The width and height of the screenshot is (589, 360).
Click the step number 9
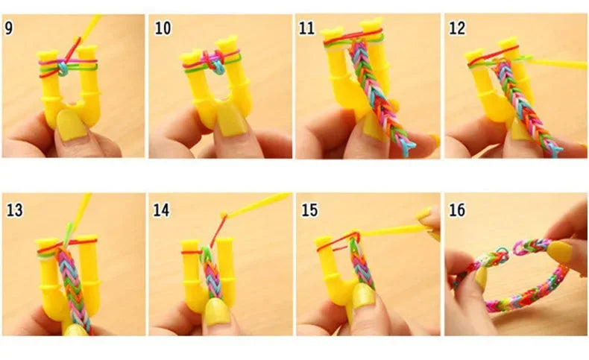[11, 29]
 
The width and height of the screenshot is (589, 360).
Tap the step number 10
[163, 29]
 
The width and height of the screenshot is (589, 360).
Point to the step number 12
[457, 29]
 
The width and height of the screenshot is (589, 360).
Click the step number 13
[15, 209]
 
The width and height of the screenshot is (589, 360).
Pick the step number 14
[163, 209]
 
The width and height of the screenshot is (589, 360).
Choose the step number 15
[309, 209]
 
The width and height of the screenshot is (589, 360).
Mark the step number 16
[457, 209]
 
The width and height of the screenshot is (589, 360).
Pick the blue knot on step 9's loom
[64, 67]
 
